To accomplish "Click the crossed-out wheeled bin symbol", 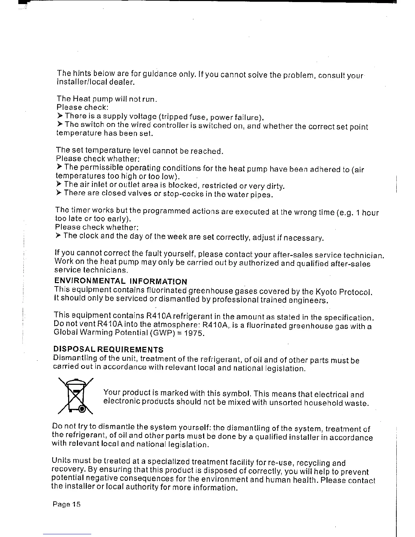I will point(76,396).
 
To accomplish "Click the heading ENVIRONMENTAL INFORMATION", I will point(121,281).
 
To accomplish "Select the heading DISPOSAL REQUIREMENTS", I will point(108,350).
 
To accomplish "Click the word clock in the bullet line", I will point(90,236).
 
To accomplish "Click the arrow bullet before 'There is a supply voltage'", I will point(60,116).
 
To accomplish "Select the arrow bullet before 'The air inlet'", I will point(59,184).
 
